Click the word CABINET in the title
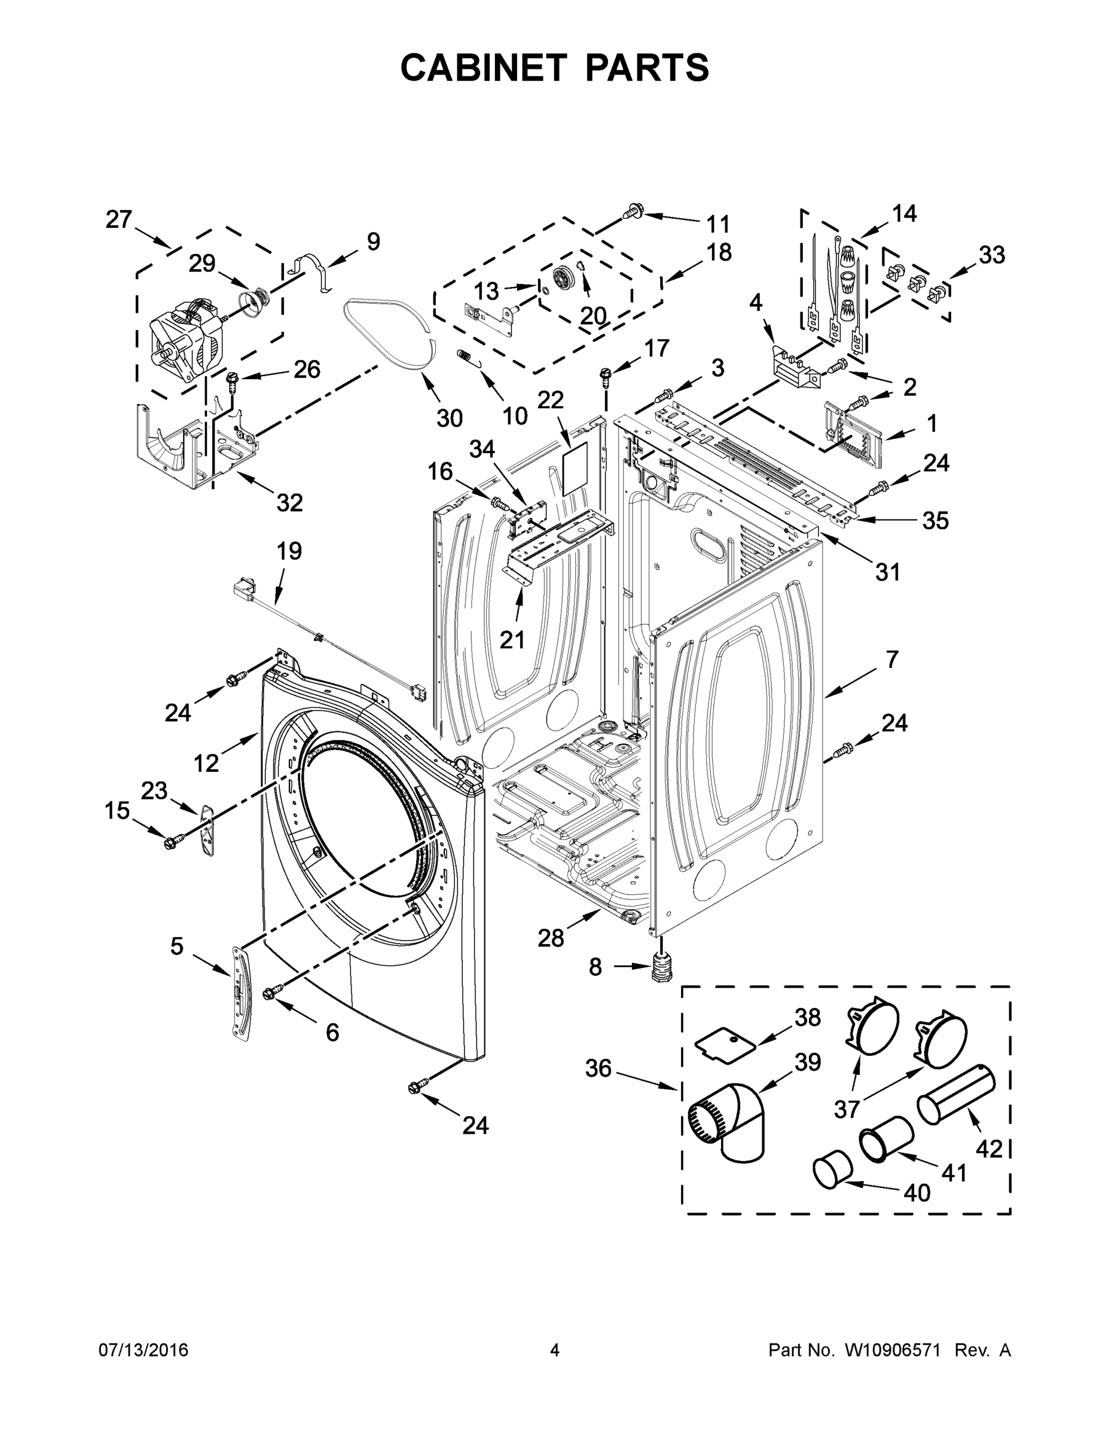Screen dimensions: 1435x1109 pyautogui.click(x=484, y=67)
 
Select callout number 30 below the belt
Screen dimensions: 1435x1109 pyautogui.click(x=450, y=418)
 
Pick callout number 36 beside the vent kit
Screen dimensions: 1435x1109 pyautogui.click(x=598, y=1069)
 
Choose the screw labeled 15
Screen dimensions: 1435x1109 pyautogui.click(x=173, y=840)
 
